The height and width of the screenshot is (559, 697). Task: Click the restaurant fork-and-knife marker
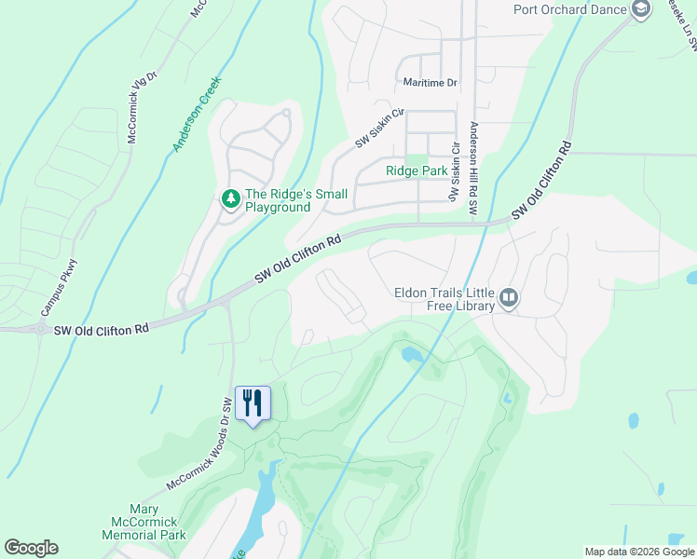click(x=253, y=403)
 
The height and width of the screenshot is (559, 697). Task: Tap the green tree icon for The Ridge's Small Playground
click(x=229, y=199)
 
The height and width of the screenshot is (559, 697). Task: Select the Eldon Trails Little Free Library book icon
click(x=509, y=298)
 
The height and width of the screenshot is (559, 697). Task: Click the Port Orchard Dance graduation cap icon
click(x=640, y=10)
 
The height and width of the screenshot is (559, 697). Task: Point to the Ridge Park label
click(x=417, y=171)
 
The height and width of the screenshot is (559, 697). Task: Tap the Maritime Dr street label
click(x=430, y=83)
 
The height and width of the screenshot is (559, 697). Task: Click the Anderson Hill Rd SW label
click(x=473, y=170)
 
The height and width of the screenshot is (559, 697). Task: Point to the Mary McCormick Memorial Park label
click(x=144, y=522)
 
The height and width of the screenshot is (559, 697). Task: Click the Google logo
click(x=31, y=548)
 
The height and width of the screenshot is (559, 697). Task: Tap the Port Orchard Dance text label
click(x=570, y=10)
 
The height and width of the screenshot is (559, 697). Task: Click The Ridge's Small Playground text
click(x=295, y=200)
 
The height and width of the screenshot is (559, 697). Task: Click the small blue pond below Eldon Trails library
click(x=410, y=354)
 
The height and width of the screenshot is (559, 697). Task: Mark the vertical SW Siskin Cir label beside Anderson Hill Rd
click(x=455, y=172)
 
